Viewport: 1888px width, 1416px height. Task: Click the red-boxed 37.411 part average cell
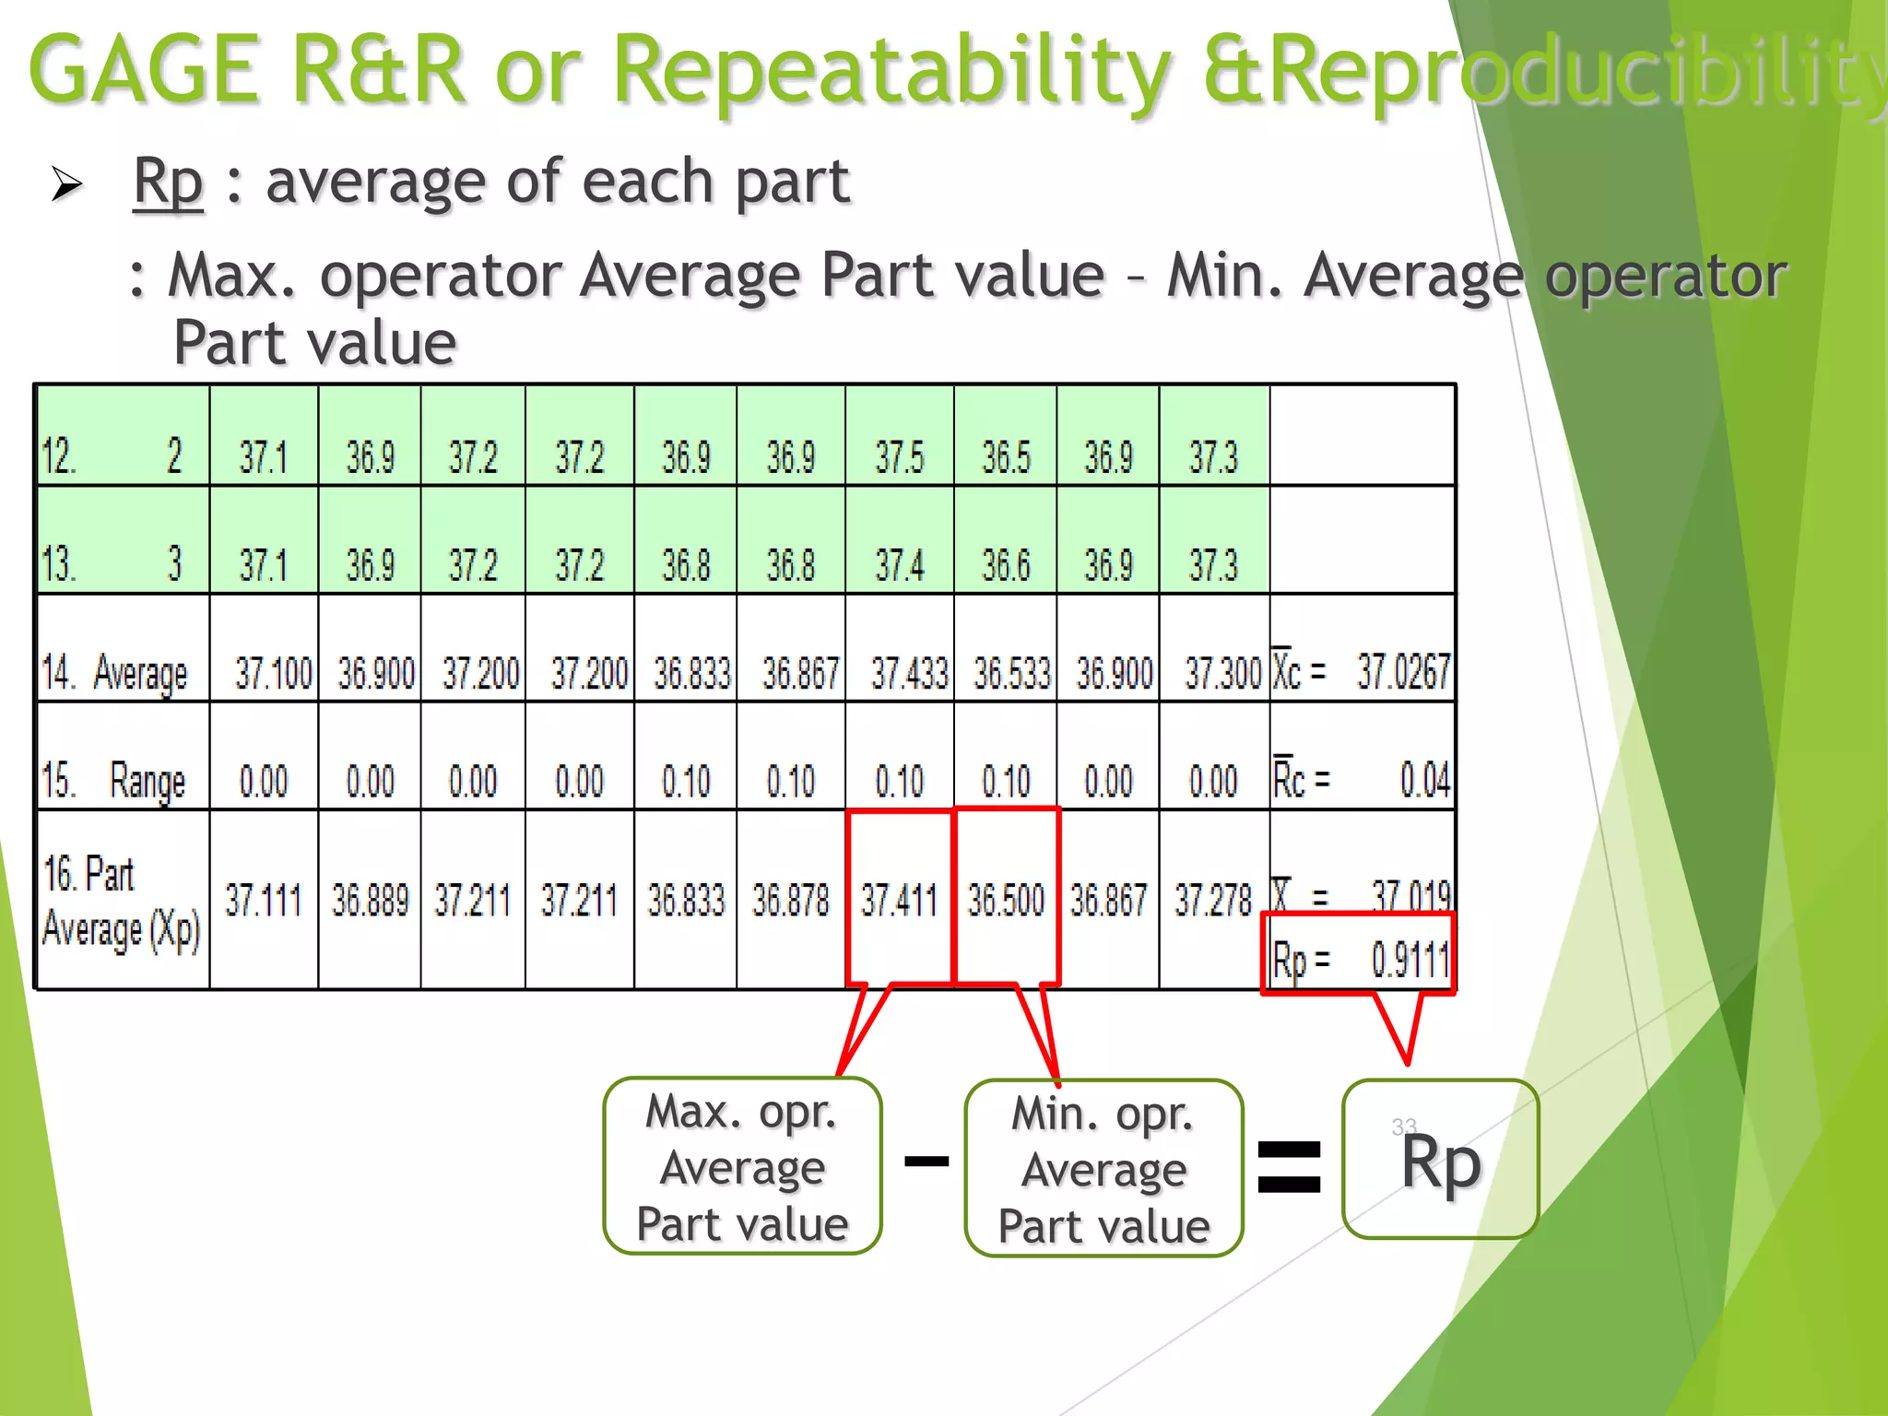point(899,899)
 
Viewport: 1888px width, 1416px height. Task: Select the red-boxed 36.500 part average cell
point(1006,899)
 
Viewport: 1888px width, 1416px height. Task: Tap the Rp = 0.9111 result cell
point(1360,959)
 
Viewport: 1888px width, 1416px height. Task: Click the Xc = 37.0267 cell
point(1362,670)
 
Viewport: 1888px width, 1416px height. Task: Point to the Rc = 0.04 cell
point(1362,780)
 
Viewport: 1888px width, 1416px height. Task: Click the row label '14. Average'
point(115,672)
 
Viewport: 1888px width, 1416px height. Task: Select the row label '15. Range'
point(115,780)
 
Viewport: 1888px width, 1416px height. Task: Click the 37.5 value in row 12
point(899,457)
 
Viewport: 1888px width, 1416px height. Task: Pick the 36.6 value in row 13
point(1006,564)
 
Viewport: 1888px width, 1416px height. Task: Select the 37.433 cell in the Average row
point(909,672)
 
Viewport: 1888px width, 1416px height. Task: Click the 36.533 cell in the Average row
point(1011,672)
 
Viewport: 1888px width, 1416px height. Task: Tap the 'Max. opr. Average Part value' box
point(742,1166)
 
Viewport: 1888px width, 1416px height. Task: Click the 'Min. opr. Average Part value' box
point(1103,1168)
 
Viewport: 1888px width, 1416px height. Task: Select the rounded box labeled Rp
point(1440,1160)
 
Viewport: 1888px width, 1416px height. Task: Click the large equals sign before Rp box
point(1290,1166)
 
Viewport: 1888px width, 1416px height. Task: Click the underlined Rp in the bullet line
point(168,182)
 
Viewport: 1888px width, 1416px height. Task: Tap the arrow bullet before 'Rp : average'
point(66,184)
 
